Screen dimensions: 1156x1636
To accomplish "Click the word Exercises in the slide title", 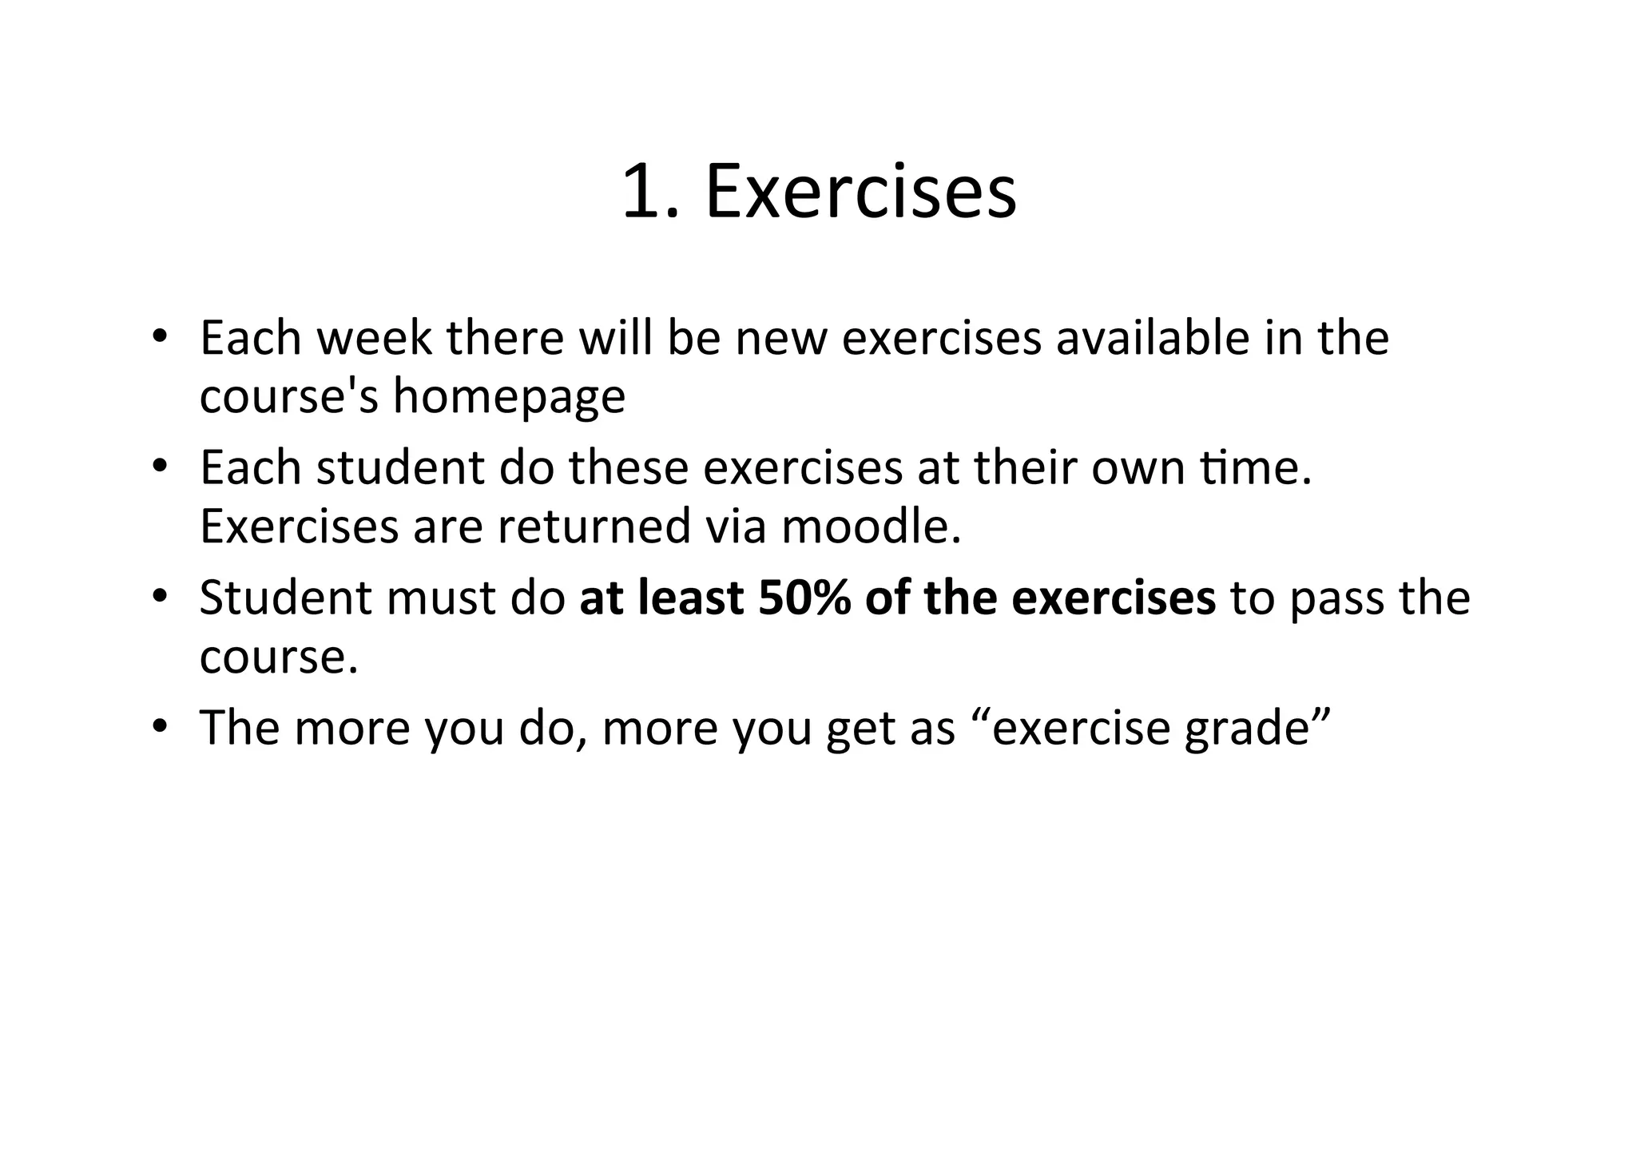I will click(x=860, y=192).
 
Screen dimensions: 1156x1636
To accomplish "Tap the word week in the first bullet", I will click(x=374, y=338).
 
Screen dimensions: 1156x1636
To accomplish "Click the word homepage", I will click(x=509, y=396).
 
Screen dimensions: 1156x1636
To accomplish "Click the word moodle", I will click(x=871, y=526).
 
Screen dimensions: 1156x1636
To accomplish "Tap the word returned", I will click(x=594, y=526).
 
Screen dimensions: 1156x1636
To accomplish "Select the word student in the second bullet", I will click(x=400, y=467).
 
